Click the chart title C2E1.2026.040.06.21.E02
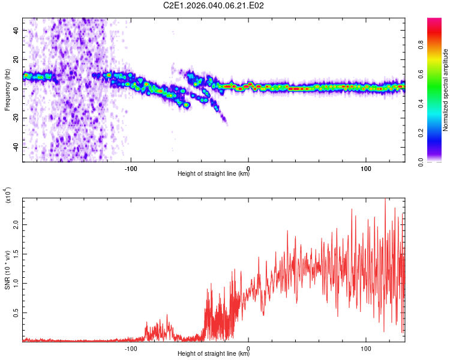coord(214,5)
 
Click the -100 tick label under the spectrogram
coord(131,167)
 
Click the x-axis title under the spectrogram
coord(214,175)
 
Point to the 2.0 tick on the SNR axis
coord(16,224)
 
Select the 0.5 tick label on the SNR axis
coord(16,313)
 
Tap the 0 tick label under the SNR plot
coord(248,347)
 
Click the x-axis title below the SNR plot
coord(214,354)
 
